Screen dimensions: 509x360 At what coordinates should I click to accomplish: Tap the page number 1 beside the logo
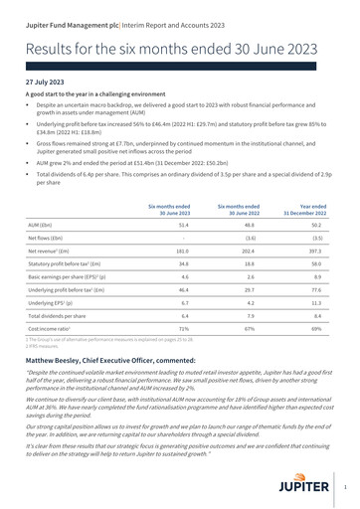[x=344, y=488]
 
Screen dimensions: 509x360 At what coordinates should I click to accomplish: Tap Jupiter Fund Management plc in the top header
[x=69, y=13]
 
